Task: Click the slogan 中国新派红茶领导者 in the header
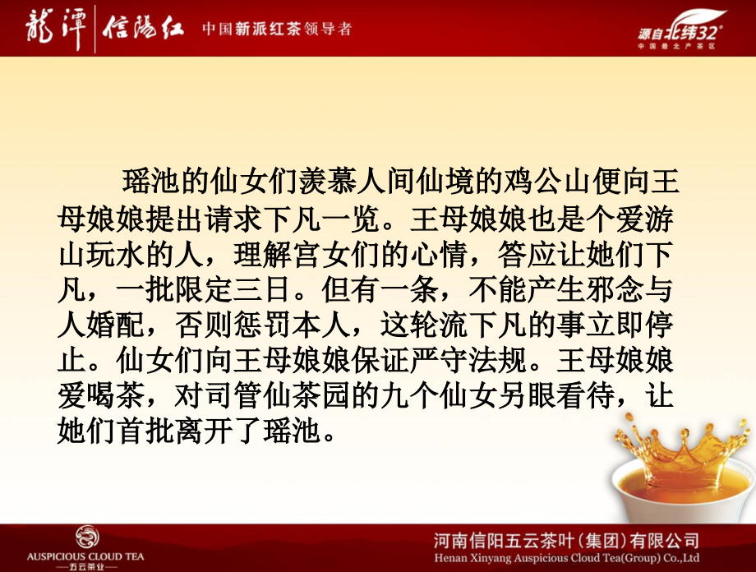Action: [278, 30]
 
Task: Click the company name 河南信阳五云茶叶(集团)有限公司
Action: [567, 539]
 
